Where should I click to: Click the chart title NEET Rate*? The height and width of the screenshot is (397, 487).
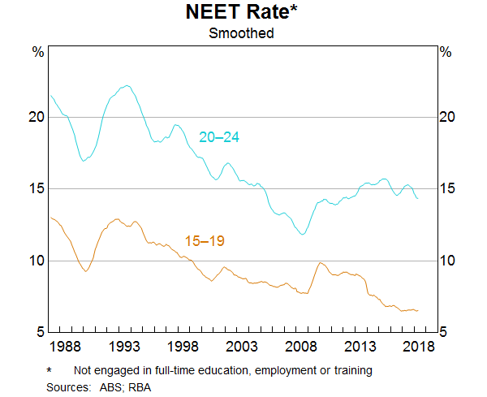(x=241, y=14)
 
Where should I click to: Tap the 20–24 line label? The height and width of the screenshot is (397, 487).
(x=219, y=137)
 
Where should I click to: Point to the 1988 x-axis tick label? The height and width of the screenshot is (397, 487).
(x=64, y=347)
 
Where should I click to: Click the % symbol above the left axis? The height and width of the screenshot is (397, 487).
(x=37, y=52)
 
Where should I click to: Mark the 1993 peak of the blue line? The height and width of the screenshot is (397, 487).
(x=126, y=85)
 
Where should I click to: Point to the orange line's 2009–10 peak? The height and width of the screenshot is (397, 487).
(x=321, y=262)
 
